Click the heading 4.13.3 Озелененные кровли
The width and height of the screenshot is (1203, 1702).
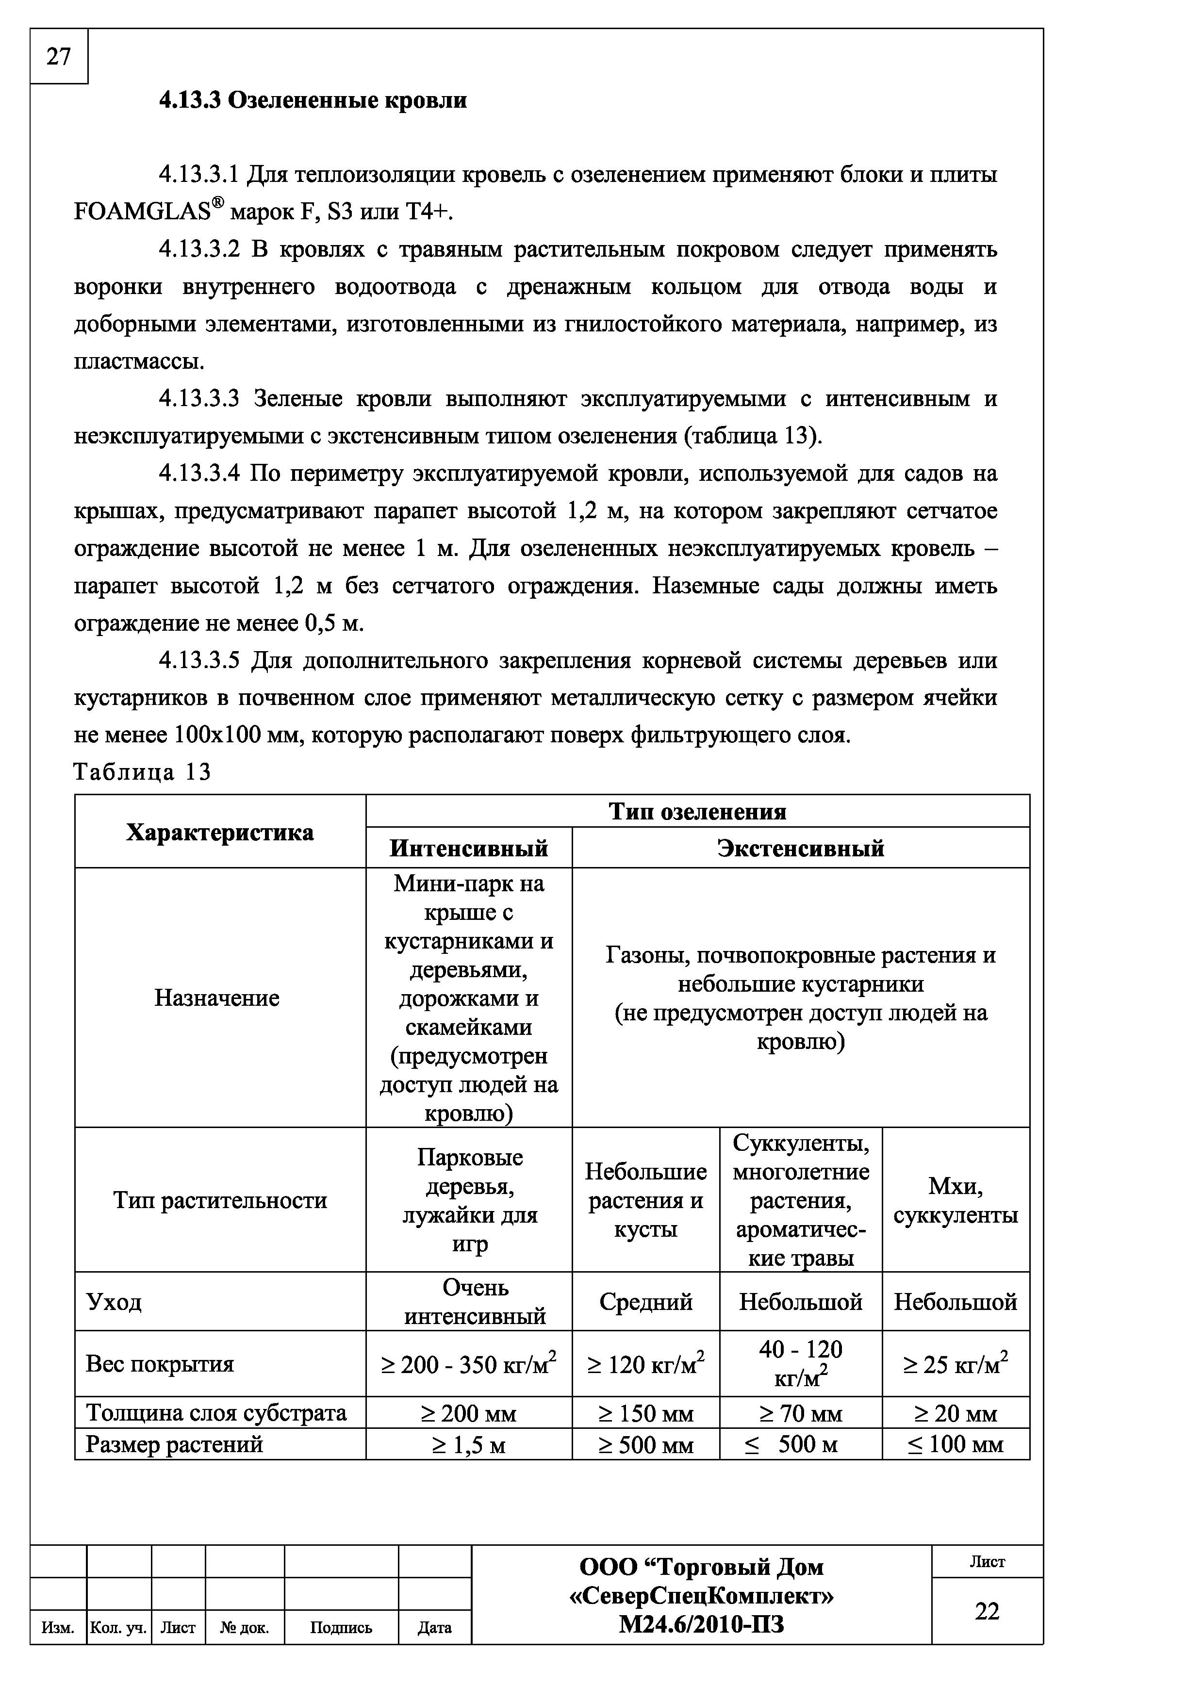313,100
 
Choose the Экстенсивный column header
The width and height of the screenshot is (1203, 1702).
801,848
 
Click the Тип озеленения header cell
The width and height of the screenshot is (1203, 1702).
697,812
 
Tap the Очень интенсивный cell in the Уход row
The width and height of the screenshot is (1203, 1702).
475,1302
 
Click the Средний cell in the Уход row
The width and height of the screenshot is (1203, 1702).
645,1302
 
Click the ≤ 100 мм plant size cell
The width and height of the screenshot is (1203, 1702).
956,1445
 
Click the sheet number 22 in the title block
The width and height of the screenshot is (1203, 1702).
987,1611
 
